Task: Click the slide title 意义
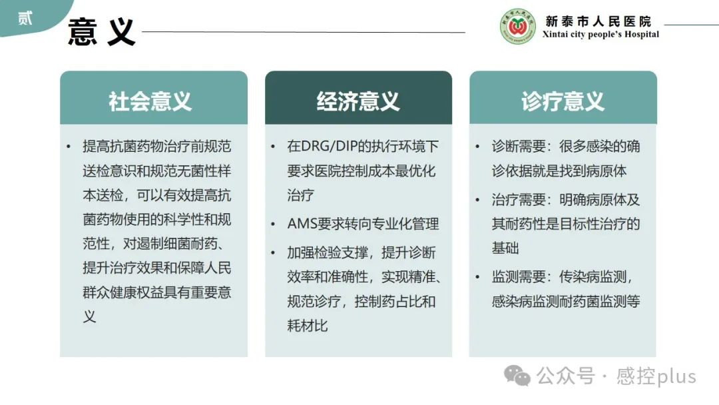101,32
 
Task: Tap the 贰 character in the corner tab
25,19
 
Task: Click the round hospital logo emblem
517,27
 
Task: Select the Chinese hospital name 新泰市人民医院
598,21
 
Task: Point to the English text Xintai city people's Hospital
600,35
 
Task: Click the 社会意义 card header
154,97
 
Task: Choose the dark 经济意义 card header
359,97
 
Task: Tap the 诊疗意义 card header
563,97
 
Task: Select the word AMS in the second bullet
302,224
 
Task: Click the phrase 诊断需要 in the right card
519,147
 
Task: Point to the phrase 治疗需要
519,200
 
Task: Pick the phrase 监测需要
519,276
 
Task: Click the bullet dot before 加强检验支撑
273,252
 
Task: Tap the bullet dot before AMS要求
273,224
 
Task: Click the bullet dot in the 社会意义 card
69,147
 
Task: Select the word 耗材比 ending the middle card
307,326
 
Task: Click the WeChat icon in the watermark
517,376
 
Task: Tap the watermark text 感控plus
656,376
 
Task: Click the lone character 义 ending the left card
89,316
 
